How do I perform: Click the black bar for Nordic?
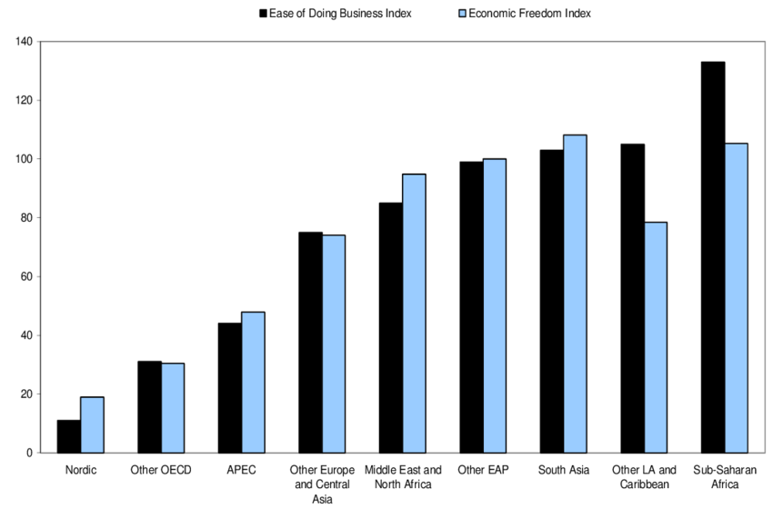[x=69, y=436]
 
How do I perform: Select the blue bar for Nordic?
[x=92, y=424]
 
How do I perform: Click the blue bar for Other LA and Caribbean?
[x=656, y=337]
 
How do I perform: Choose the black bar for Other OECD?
[x=149, y=407]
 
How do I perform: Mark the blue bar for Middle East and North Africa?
[x=414, y=314]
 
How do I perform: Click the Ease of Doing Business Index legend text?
[x=340, y=14]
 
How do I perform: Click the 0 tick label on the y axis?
[x=29, y=453]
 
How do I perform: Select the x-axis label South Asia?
[x=564, y=470]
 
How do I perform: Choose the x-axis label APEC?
[x=241, y=470]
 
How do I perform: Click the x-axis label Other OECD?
[x=161, y=470]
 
